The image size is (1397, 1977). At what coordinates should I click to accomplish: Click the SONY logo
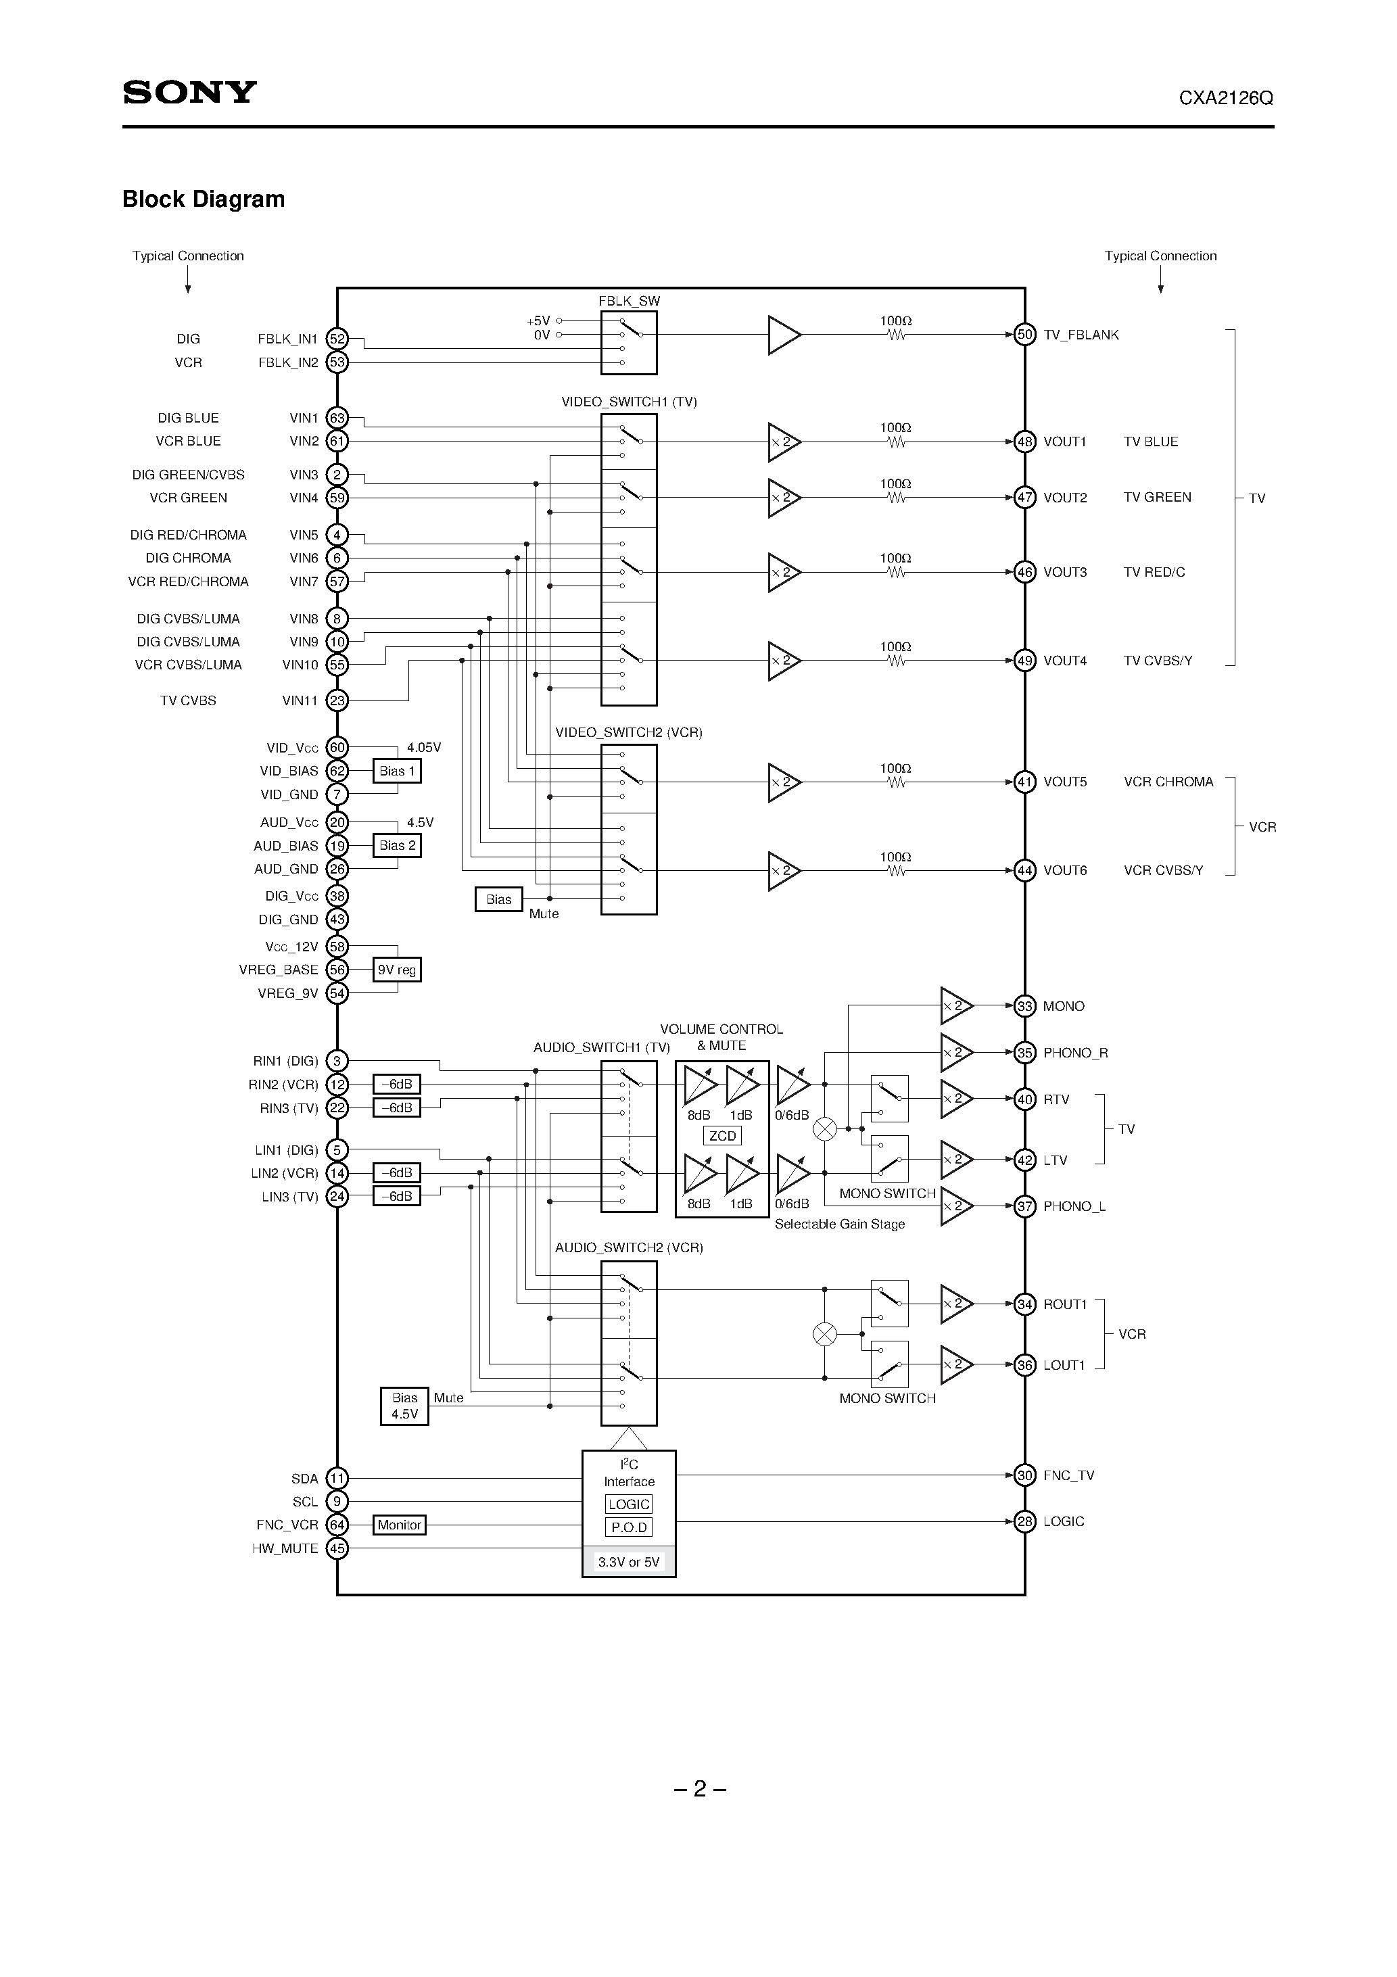point(189,92)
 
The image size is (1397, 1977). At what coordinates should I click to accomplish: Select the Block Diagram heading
point(204,199)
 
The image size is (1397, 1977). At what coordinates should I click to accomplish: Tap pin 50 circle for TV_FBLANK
point(1024,335)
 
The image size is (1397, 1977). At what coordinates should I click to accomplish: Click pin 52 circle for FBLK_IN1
point(337,339)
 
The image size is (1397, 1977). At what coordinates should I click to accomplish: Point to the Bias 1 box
point(397,771)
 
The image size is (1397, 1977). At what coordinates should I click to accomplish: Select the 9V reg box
point(397,970)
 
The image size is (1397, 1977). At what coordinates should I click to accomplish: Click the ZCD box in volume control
point(721,1136)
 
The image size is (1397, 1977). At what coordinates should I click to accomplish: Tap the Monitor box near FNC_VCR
point(400,1525)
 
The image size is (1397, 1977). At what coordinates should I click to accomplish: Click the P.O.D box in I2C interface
point(629,1527)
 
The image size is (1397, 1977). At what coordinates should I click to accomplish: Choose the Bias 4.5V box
point(404,1406)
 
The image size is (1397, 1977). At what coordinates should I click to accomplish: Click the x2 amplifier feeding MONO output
point(955,1005)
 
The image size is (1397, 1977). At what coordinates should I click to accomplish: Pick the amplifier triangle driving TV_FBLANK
point(783,335)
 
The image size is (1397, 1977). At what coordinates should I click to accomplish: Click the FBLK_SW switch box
point(629,343)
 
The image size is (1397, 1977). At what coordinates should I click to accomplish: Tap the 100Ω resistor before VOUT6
point(896,871)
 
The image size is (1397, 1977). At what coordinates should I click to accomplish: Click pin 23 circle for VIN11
point(337,701)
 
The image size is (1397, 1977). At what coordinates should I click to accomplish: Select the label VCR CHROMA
point(1168,782)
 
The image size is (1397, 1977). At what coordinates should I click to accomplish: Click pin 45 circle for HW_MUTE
point(337,1548)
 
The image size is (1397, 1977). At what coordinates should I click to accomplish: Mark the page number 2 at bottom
point(699,1789)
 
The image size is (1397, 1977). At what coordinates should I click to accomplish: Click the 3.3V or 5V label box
point(629,1562)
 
